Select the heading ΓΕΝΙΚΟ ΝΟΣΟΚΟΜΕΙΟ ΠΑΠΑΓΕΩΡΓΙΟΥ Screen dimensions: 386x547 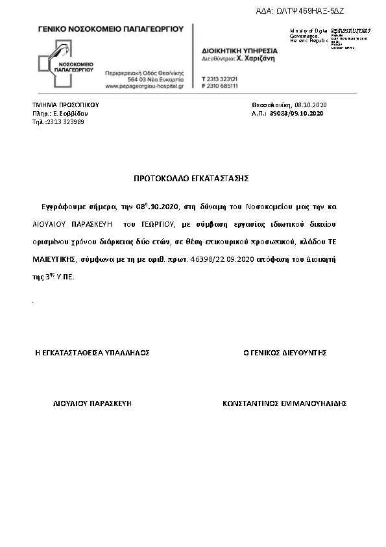(x=111, y=29)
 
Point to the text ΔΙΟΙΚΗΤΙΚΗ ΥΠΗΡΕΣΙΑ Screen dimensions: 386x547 (x=239, y=51)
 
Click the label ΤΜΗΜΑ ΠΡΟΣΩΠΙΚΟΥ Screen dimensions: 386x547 (x=66, y=105)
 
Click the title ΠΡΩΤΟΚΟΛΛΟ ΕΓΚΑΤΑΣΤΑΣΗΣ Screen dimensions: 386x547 (x=191, y=177)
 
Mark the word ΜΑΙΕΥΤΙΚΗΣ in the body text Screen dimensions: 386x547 (x=54, y=259)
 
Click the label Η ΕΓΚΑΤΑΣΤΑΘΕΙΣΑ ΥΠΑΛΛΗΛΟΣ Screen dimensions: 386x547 (x=92, y=353)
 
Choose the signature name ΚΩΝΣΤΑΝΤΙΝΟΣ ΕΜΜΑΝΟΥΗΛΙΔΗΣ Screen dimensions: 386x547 (x=284, y=403)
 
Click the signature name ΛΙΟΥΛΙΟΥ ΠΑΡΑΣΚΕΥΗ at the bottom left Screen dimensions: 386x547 (x=92, y=403)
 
